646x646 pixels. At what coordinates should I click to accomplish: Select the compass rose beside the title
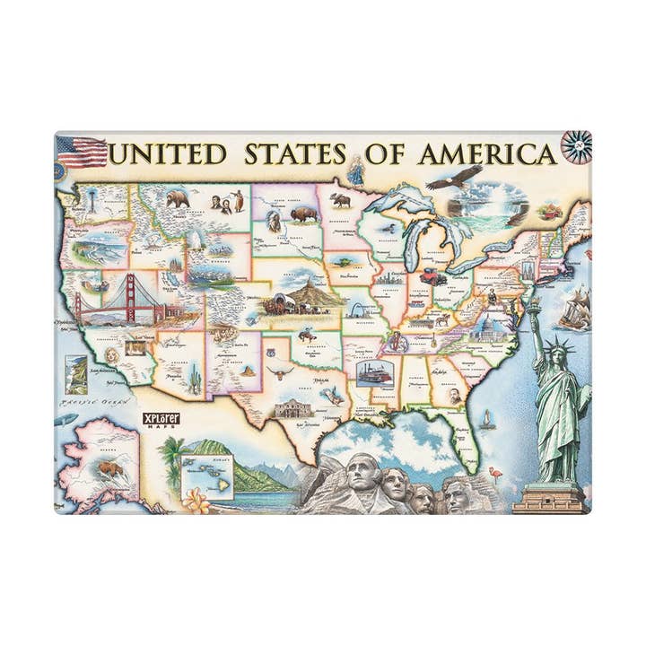[x=575, y=146]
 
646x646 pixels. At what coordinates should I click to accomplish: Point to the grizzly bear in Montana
[x=178, y=196]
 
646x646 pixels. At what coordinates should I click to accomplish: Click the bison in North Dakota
[x=304, y=214]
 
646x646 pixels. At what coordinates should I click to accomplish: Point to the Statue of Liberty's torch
[x=535, y=303]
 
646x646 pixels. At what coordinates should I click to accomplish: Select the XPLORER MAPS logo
[x=161, y=419]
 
